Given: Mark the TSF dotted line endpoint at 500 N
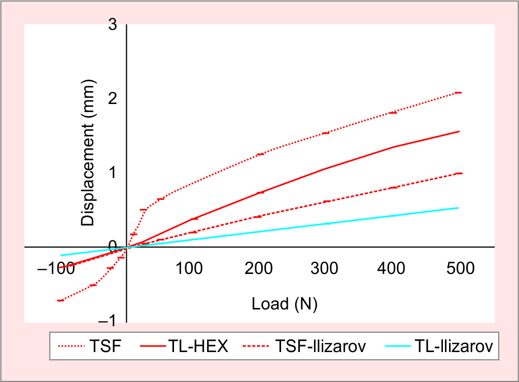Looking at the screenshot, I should coord(458,93).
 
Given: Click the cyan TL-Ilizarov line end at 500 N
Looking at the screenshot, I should coord(458,208).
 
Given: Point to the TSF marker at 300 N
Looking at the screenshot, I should coord(326,133).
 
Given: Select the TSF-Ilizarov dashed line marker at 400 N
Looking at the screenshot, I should coord(393,188).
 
